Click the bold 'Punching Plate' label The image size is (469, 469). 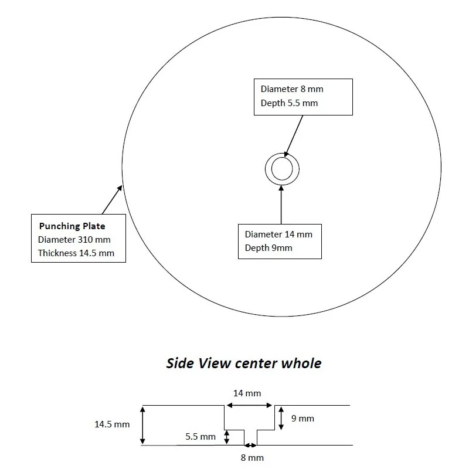tap(72, 226)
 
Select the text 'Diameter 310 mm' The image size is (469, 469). tap(74, 239)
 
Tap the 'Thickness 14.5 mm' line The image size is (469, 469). tap(76, 253)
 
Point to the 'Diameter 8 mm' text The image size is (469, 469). tap(291, 89)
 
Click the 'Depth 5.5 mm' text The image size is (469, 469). tap(289, 103)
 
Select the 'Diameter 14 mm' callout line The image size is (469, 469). tap(278, 234)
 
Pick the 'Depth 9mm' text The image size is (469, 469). tap(269, 248)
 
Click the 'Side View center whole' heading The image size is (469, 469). tap(244, 363)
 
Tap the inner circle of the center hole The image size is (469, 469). tap(282, 170)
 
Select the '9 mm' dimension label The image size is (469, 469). tap(303, 418)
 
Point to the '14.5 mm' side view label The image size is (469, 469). tap(112, 424)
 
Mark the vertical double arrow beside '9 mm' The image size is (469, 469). tap(281, 418)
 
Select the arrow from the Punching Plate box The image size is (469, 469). tap(113, 200)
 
